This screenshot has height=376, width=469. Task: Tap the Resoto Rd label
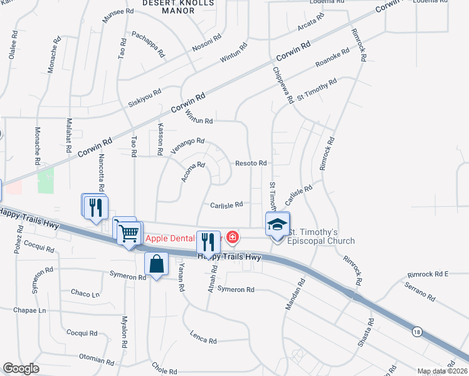point(251,163)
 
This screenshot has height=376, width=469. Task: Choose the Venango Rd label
point(187,146)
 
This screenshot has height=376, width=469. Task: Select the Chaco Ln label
point(85,293)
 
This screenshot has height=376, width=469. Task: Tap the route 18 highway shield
point(417,333)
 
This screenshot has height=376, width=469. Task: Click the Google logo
point(21,368)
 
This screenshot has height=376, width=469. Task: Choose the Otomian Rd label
point(96,359)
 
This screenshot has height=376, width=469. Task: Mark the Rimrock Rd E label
point(428,274)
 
